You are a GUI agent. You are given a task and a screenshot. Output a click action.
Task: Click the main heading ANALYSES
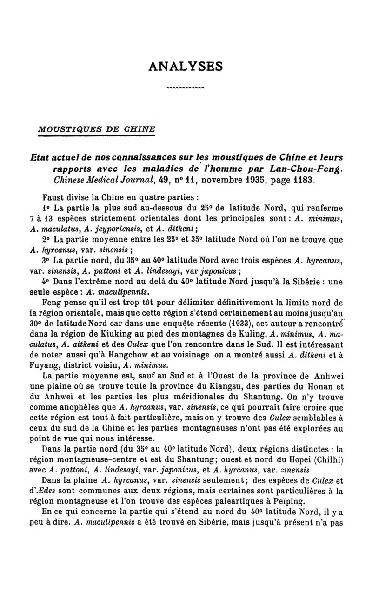[x=186, y=67]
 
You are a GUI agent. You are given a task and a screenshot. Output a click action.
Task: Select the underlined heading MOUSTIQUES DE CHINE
[x=97, y=129]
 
